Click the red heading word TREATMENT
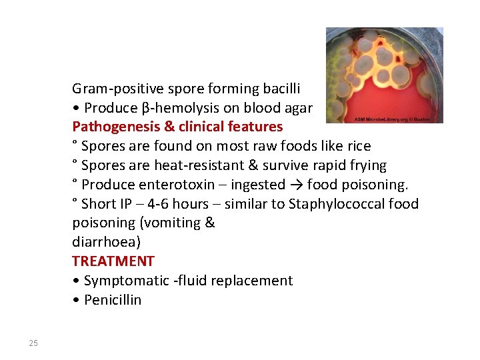(x=113, y=261)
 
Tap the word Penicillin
(x=113, y=300)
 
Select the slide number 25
(x=33, y=343)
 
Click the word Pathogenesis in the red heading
(x=111, y=127)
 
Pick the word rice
(x=357, y=146)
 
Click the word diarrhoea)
(x=106, y=242)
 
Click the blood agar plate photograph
(x=384, y=73)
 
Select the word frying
(x=367, y=165)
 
